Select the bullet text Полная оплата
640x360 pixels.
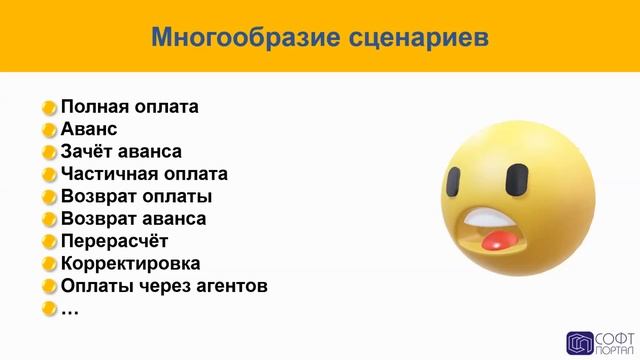pyautogui.click(x=130, y=107)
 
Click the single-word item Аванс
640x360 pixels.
pyautogui.click(x=89, y=129)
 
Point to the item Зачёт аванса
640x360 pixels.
pyautogui.click(x=121, y=152)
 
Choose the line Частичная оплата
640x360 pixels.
pyautogui.click(x=144, y=174)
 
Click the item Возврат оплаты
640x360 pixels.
pyautogui.click(x=136, y=196)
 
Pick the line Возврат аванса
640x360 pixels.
pyautogui.click(x=134, y=219)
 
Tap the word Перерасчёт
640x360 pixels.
pyautogui.click(x=114, y=241)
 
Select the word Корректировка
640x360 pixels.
pyautogui.click(x=130, y=264)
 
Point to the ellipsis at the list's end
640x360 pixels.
pyautogui.click(x=70, y=308)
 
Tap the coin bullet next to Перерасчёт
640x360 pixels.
pyautogui.click(x=49, y=242)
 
